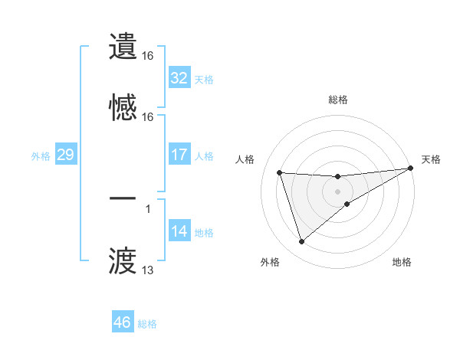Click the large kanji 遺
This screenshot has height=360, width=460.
pyautogui.click(x=123, y=46)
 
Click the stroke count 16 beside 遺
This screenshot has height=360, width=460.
pyautogui.click(x=148, y=56)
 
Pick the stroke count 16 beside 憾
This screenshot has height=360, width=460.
pyautogui.click(x=148, y=117)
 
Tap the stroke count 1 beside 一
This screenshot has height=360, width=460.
pyautogui.click(x=148, y=208)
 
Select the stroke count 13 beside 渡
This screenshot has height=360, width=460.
pyautogui.click(x=148, y=270)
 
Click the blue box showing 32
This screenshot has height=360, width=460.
pyautogui.click(x=179, y=78)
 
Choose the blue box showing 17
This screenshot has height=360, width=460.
pyautogui.click(x=179, y=155)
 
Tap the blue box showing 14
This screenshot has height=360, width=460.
pyautogui.click(x=179, y=231)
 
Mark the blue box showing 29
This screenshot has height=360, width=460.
pyautogui.click(x=65, y=155)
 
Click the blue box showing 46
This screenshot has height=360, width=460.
pyautogui.click(x=122, y=322)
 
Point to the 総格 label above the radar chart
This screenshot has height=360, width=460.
pyautogui.click(x=338, y=100)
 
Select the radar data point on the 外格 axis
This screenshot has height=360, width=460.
pyautogui.click(x=301, y=242)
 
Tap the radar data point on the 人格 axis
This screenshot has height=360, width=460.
pyautogui.click(x=280, y=172)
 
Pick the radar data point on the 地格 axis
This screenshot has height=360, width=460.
pyautogui.click(x=347, y=204)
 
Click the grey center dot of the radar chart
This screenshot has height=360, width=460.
pyautogui.click(x=338, y=191)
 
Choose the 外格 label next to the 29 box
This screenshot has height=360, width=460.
pyautogui.click(x=41, y=155)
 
